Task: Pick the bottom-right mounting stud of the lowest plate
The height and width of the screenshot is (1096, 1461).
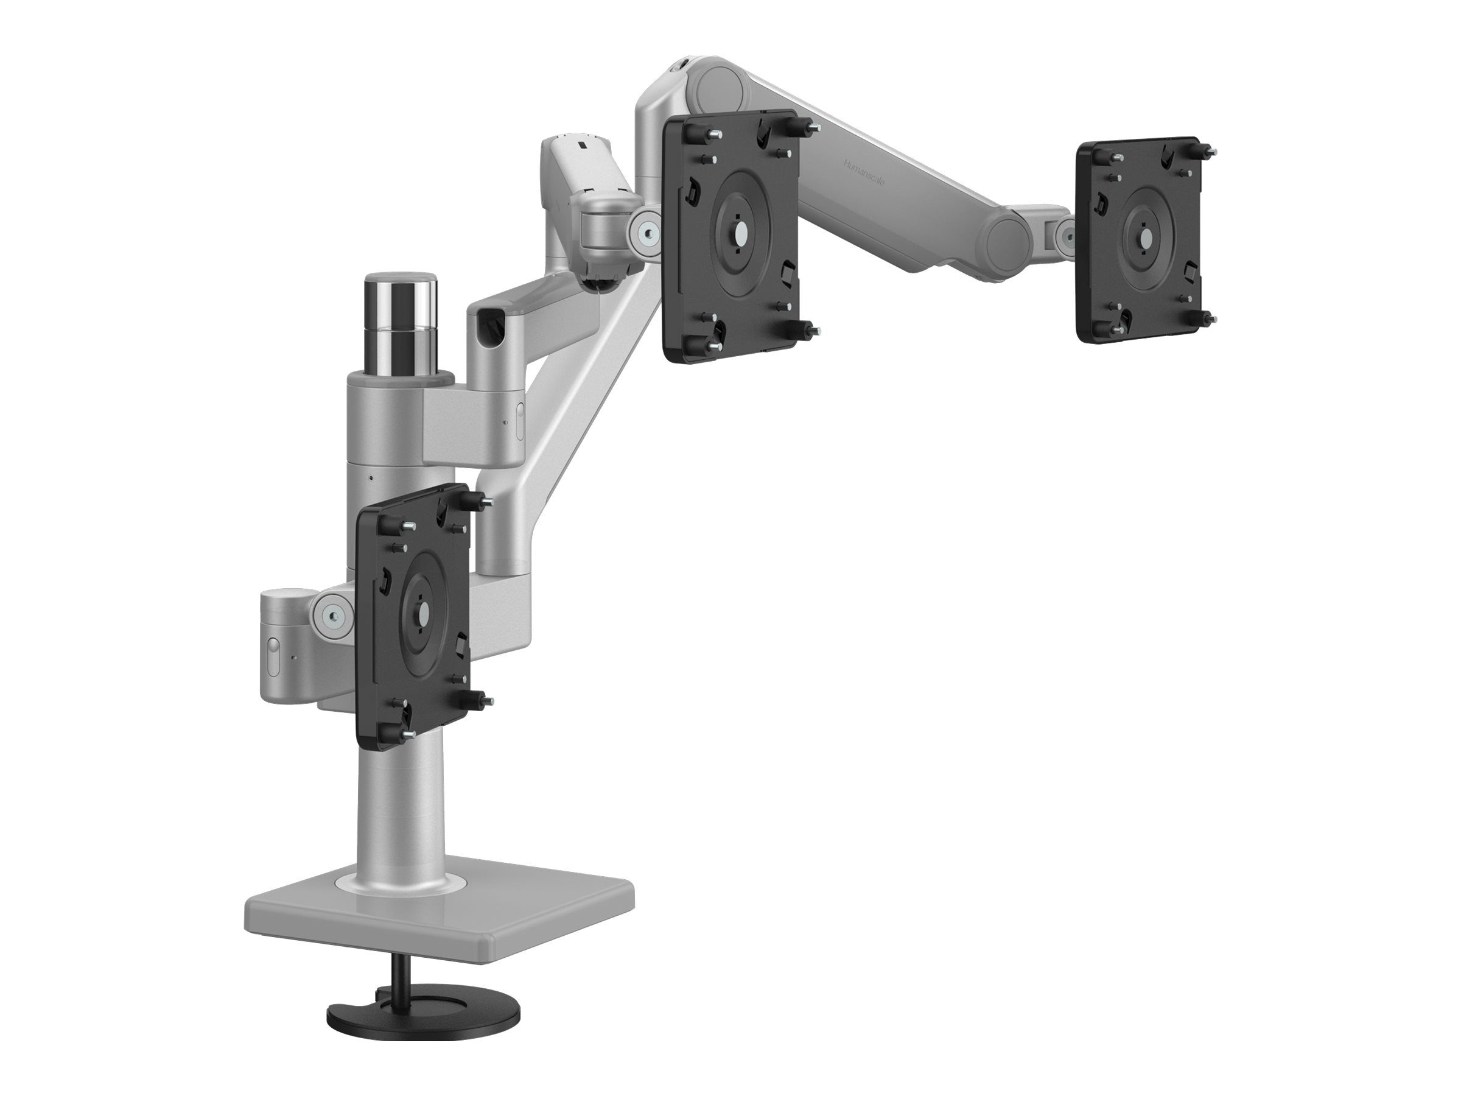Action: [x=481, y=716]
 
